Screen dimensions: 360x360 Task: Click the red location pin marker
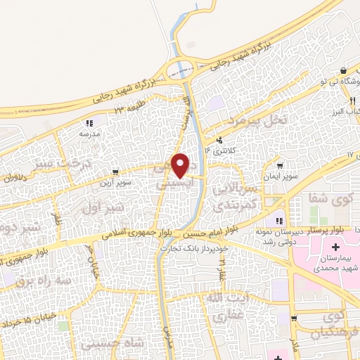[x=181, y=165]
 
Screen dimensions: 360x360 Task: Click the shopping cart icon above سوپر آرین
[x=115, y=172]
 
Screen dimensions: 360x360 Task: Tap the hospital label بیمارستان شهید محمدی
[x=334, y=264]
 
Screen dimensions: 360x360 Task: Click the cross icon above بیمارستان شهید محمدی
[x=335, y=247]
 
